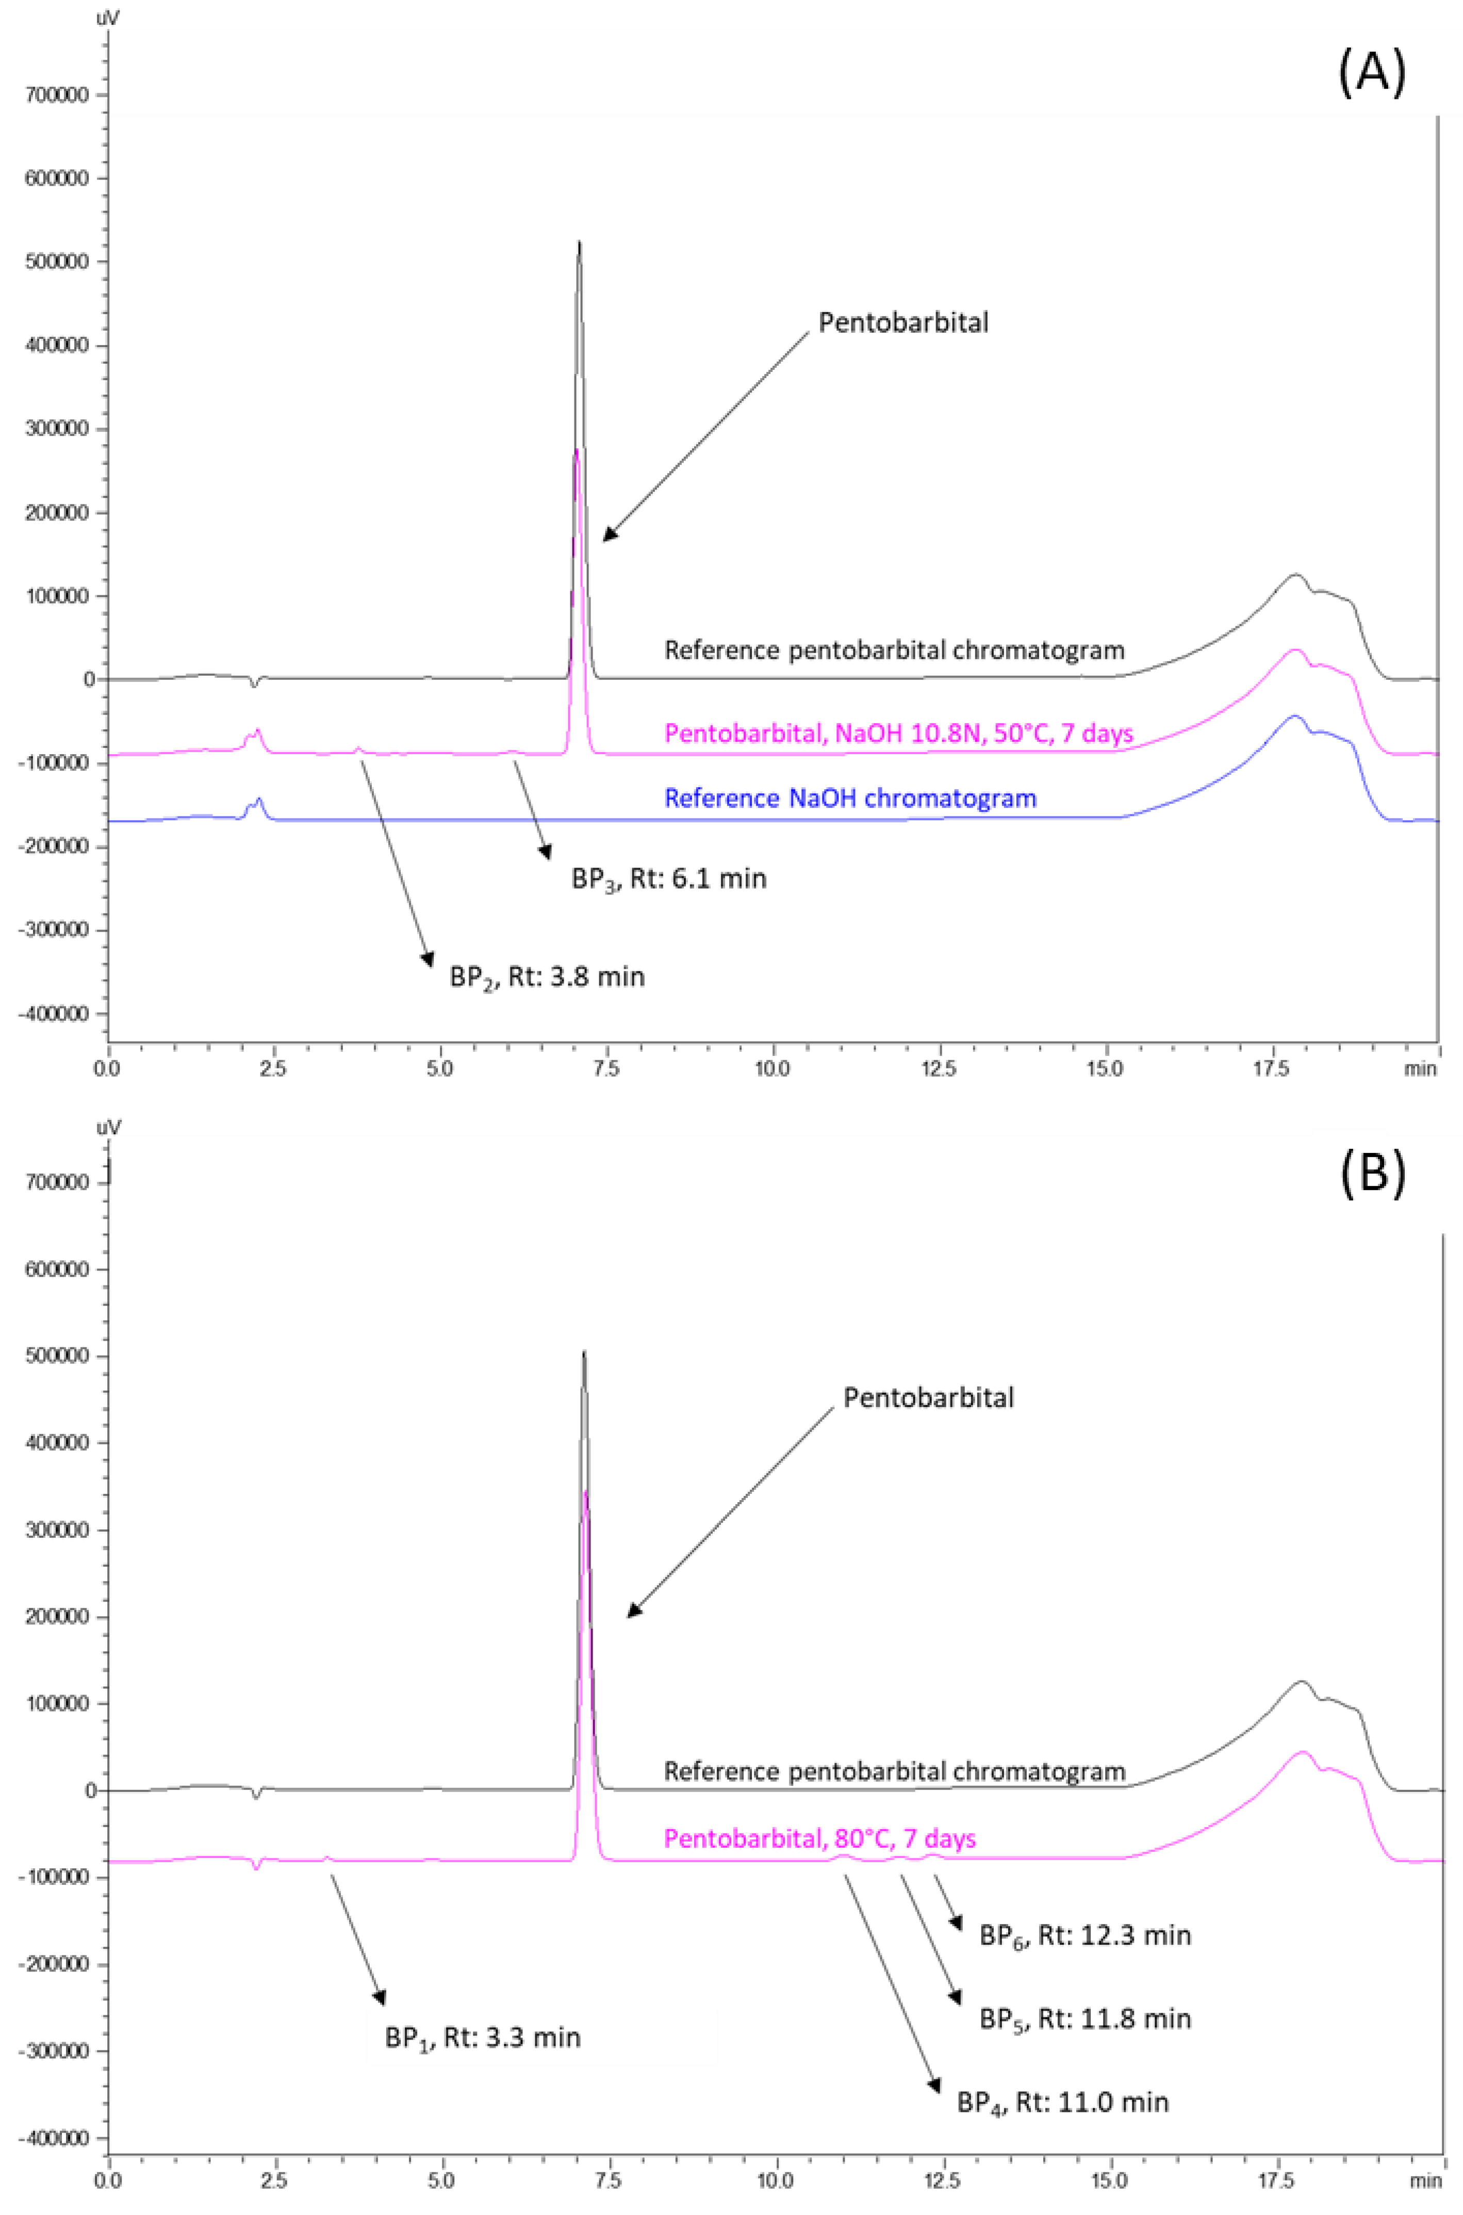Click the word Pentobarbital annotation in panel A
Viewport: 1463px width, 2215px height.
pos(903,323)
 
